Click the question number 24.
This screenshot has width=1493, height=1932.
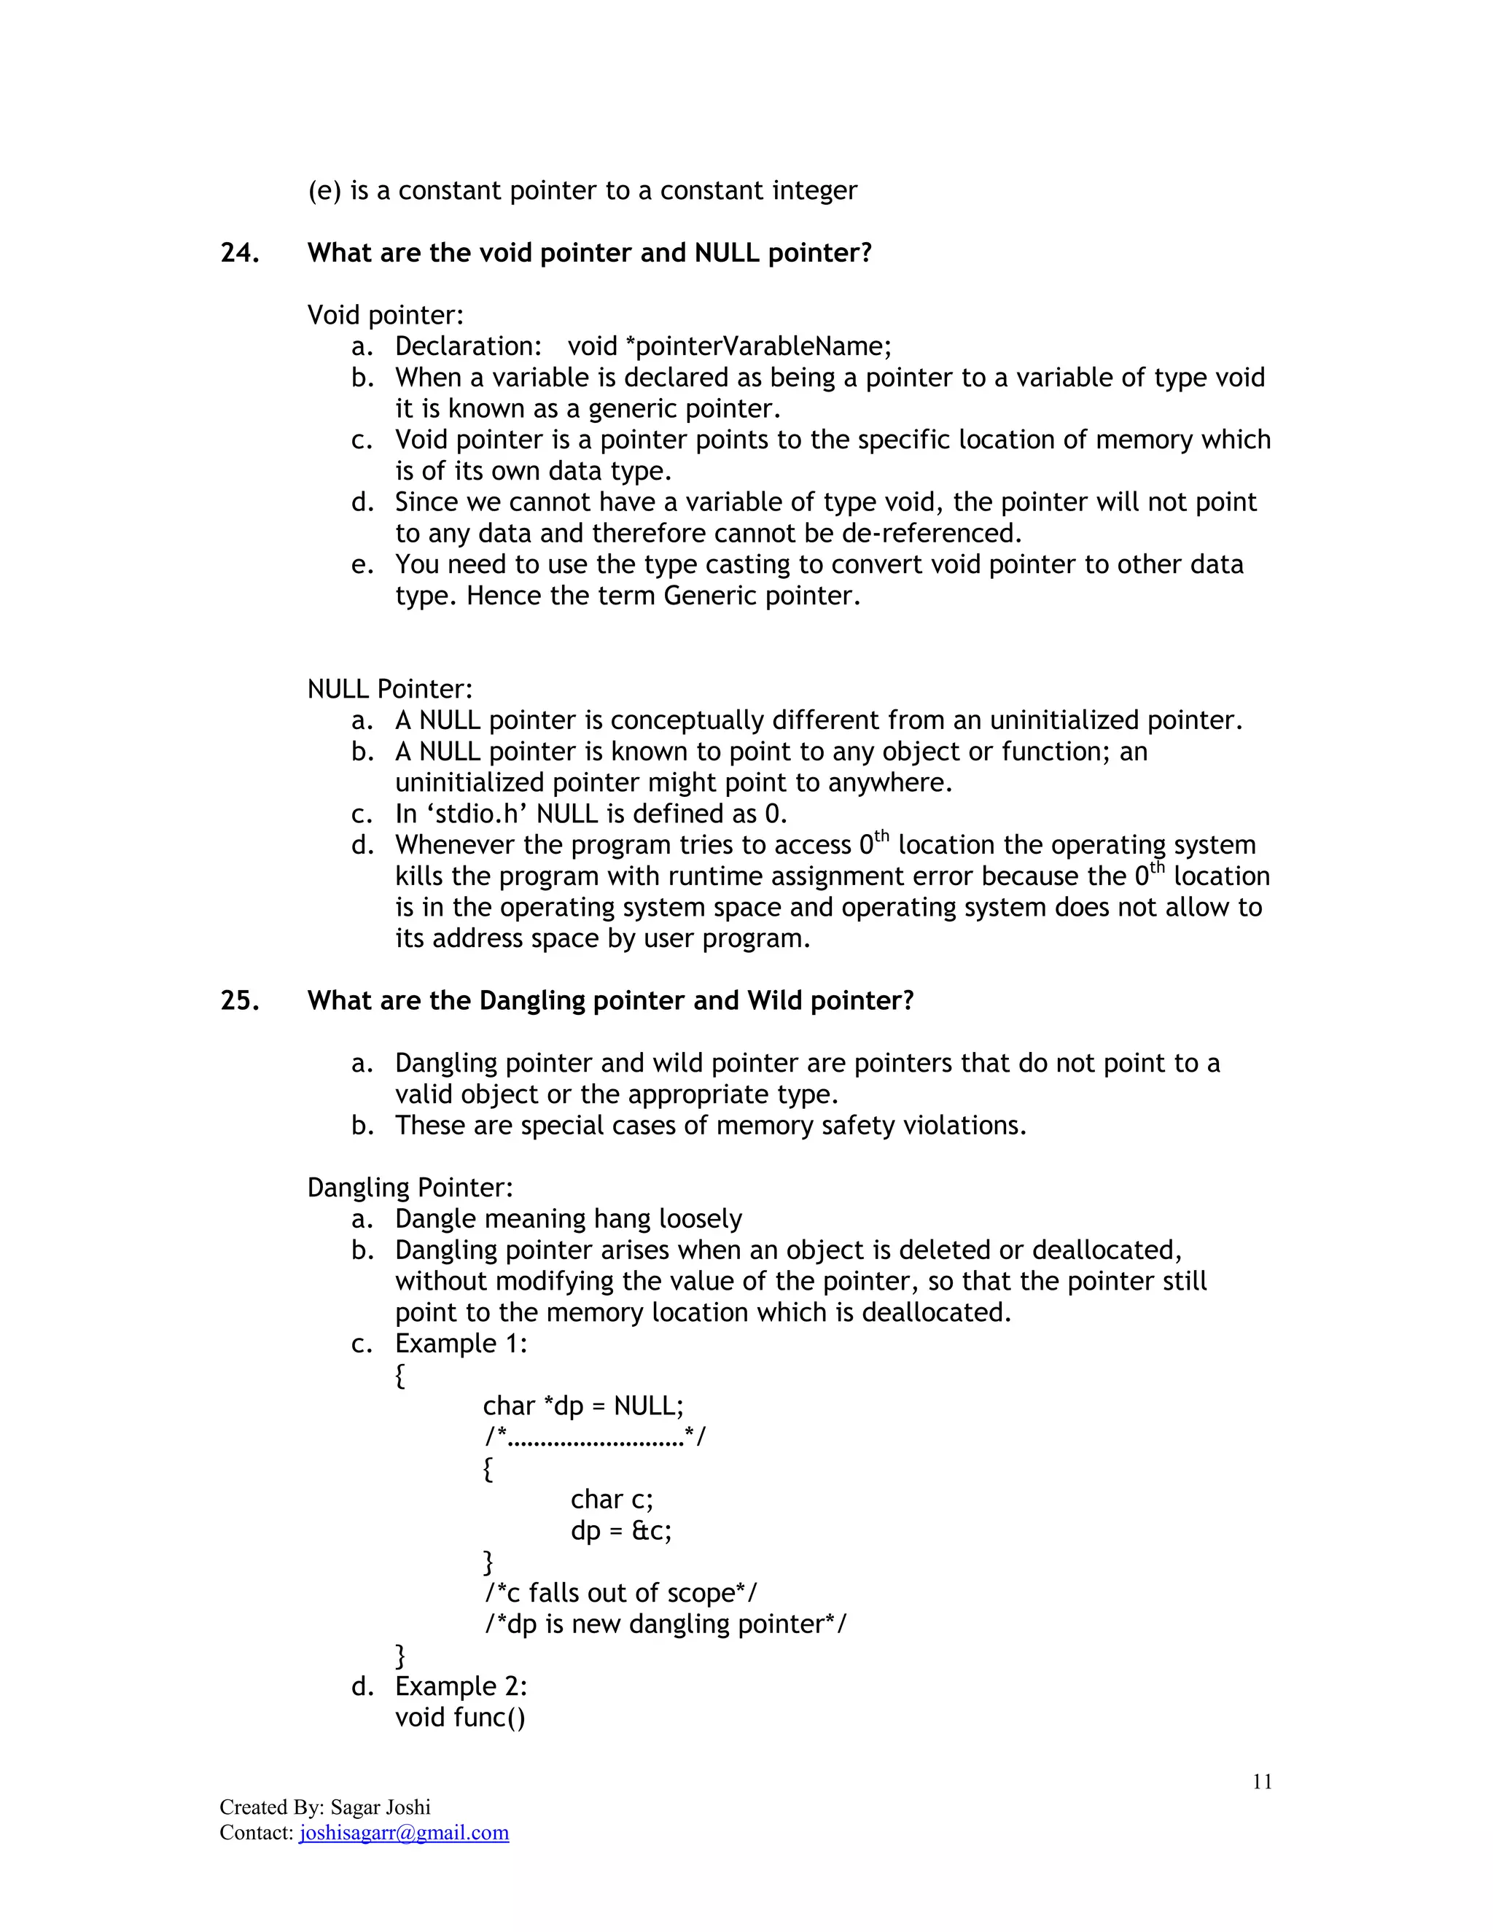(239, 253)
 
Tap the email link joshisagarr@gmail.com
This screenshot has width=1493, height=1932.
(404, 1832)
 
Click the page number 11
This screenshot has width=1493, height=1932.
(1261, 1782)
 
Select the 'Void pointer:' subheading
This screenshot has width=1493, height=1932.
(385, 315)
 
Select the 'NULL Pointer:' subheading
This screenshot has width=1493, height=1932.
(389, 689)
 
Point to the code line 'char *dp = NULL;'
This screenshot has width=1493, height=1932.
(583, 1406)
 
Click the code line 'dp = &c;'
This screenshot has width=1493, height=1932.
(621, 1530)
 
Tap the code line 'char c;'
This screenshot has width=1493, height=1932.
(611, 1500)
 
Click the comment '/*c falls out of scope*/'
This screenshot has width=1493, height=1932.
(620, 1592)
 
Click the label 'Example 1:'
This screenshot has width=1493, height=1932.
(461, 1344)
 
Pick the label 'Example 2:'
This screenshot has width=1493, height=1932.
(461, 1686)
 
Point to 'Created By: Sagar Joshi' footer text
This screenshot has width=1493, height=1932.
(324, 1807)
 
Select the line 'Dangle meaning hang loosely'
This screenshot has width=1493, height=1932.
(568, 1219)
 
